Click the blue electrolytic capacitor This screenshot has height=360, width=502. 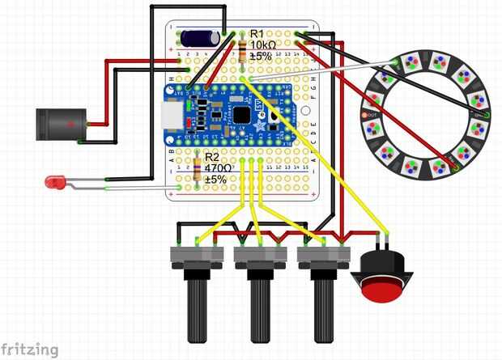pyautogui.click(x=198, y=37)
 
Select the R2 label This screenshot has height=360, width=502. pyautogui.click(x=212, y=157)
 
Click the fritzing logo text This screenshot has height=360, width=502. pyautogui.click(x=30, y=349)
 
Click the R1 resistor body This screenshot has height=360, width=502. pyautogui.click(x=243, y=52)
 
